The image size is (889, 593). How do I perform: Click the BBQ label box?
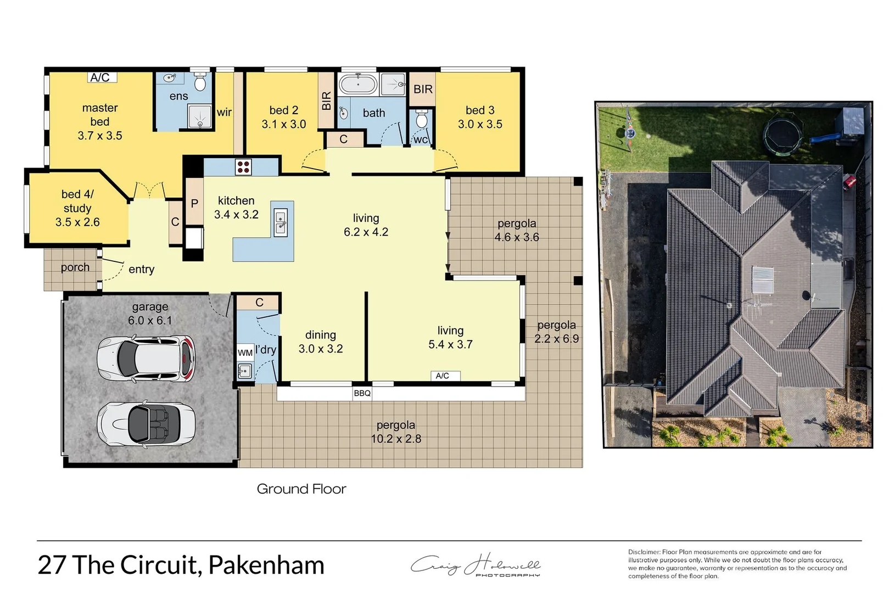click(x=362, y=393)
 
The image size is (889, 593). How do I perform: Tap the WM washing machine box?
click(x=245, y=353)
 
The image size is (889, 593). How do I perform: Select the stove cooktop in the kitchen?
click(x=243, y=166)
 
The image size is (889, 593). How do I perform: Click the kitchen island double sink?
click(x=281, y=222)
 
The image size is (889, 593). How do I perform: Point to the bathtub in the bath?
click(x=358, y=85)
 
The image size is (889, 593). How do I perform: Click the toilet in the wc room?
click(x=422, y=119)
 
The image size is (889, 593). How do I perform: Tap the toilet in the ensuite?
click(x=200, y=83)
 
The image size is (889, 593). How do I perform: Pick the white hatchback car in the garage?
click(x=146, y=359)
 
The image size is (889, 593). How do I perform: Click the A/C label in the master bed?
click(x=100, y=77)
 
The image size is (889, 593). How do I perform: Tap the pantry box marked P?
click(x=194, y=203)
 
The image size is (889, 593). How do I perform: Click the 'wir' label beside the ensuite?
click(x=224, y=113)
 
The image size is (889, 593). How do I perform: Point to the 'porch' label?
click(x=75, y=267)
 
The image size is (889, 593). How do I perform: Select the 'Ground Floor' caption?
click(x=301, y=489)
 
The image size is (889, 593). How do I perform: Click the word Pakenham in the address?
click(x=266, y=565)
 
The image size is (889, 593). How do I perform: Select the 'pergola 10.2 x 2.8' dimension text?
click(x=396, y=432)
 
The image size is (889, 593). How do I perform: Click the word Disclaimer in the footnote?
click(x=644, y=552)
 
